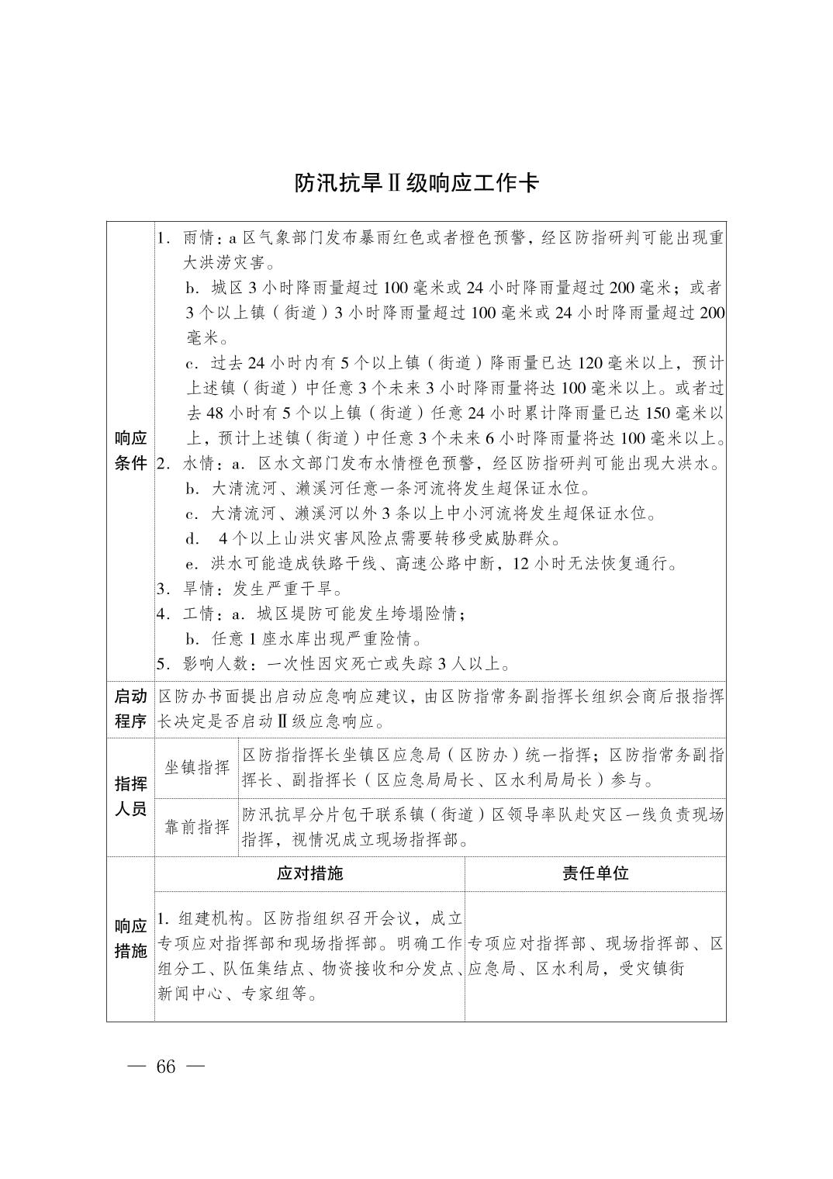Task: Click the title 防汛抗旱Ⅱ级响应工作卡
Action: click(416, 183)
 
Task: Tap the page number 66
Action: click(166, 1067)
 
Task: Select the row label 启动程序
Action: click(130, 709)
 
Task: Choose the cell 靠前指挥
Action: click(197, 827)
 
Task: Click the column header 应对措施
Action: click(309, 873)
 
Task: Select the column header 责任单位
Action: click(595, 873)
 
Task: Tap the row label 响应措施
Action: click(130, 939)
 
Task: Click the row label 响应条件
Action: click(130, 451)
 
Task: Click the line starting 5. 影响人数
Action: click(334, 664)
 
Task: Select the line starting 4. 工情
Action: click(310, 614)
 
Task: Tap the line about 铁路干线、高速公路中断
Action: click(431, 563)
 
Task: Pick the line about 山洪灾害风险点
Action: click(372, 538)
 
